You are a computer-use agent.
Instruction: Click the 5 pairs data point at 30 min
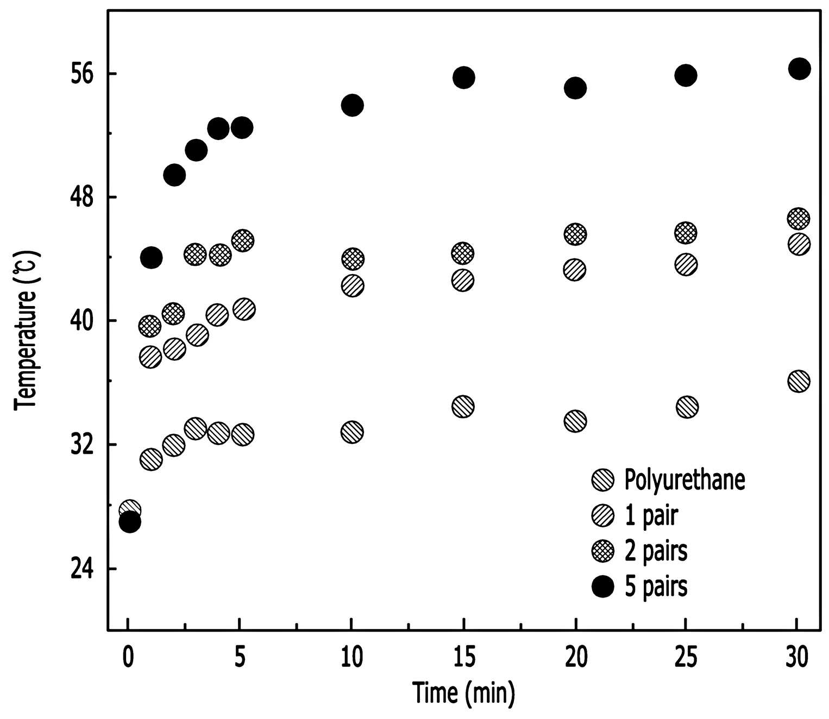799,69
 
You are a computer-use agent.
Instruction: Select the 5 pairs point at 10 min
353,106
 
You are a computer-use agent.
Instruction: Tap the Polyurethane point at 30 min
799,381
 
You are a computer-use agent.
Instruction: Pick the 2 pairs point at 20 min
575,234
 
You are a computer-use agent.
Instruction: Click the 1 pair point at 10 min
353,286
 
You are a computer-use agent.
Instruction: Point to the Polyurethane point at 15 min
463,406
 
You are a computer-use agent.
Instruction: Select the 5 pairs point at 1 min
151,257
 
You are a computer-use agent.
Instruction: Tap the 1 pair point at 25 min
686,265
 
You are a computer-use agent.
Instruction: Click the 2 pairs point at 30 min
799,219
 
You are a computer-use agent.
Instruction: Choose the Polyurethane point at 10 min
352,432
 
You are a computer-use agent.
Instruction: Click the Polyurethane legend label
684,480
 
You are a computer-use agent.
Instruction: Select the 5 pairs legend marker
603,586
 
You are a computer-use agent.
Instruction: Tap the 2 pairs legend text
656,551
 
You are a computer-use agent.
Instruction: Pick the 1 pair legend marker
603,516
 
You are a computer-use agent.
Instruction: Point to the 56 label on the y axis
83,74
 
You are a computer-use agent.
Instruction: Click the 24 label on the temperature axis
83,568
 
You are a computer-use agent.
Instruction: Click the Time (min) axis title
463,693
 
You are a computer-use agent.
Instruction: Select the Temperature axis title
26,330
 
